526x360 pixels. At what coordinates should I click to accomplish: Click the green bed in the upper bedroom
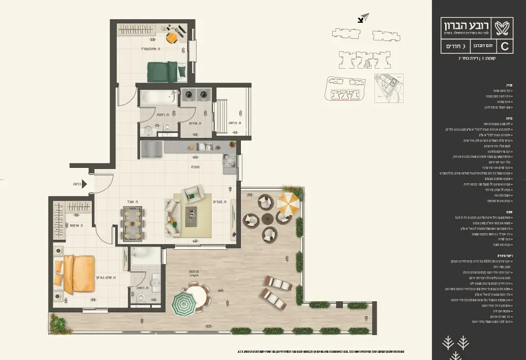pyautogui.click(x=162, y=71)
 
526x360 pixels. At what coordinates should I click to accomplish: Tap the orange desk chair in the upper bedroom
pyautogui.click(x=172, y=37)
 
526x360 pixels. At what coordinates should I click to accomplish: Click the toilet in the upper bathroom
pyautogui.click(x=148, y=131)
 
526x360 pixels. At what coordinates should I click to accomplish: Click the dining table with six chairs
pyautogui.click(x=132, y=223)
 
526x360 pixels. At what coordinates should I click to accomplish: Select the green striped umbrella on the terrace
pyautogui.click(x=183, y=304)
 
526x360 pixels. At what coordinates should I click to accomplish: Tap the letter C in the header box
pyautogui.click(x=504, y=46)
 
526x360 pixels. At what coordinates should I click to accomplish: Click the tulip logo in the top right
pyautogui.click(x=504, y=26)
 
